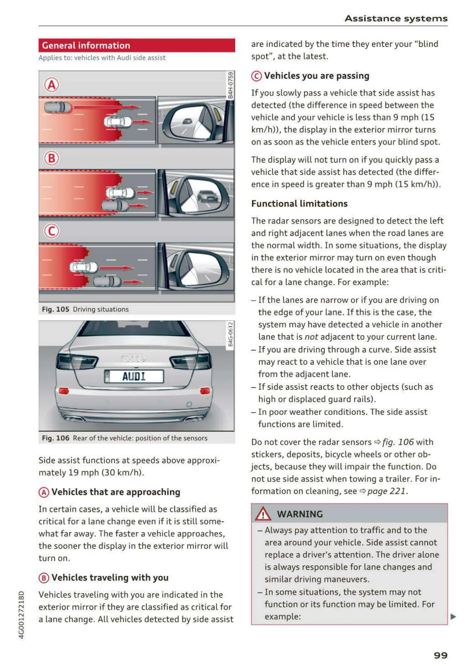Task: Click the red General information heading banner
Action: click(136, 46)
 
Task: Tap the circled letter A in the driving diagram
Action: click(52, 85)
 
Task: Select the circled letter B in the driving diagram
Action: click(52, 158)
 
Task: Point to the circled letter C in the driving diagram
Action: click(52, 232)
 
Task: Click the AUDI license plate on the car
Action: click(134, 377)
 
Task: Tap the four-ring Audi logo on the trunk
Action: click(134, 358)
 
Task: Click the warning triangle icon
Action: click(263, 514)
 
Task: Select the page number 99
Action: click(440, 655)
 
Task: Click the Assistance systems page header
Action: click(396, 19)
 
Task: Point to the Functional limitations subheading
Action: click(299, 204)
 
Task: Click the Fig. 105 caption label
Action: click(56, 309)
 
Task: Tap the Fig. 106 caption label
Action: click(56, 438)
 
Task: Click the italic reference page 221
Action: click(386, 491)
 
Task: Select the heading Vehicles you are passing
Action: click(317, 76)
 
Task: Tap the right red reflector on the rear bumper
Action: click(205, 391)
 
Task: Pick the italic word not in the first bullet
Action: click(311, 337)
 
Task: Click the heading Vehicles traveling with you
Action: click(110, 577)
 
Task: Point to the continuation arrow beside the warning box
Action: click(453, 616)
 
